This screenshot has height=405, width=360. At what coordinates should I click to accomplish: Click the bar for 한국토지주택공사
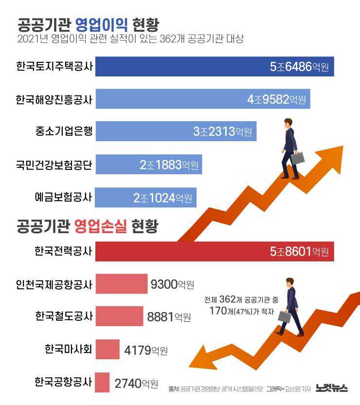[214, 67]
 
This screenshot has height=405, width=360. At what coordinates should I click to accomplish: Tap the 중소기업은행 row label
[63, 131]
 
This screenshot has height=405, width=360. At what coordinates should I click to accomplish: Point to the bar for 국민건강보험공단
[148, 165]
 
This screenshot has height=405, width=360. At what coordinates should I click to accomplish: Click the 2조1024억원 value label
[162, 198]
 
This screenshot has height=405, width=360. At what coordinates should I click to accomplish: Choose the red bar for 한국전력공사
[214, 252]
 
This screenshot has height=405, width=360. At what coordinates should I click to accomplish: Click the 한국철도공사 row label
[63, 317]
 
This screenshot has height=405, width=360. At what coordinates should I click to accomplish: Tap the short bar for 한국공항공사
[102, 382]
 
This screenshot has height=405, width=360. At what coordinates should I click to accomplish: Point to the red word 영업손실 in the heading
[101, 226]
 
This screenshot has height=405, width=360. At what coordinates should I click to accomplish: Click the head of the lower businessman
[290, 282]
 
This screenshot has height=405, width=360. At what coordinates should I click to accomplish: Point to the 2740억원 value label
[136, 384]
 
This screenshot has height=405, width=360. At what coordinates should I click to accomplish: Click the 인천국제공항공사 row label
[54, 284]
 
